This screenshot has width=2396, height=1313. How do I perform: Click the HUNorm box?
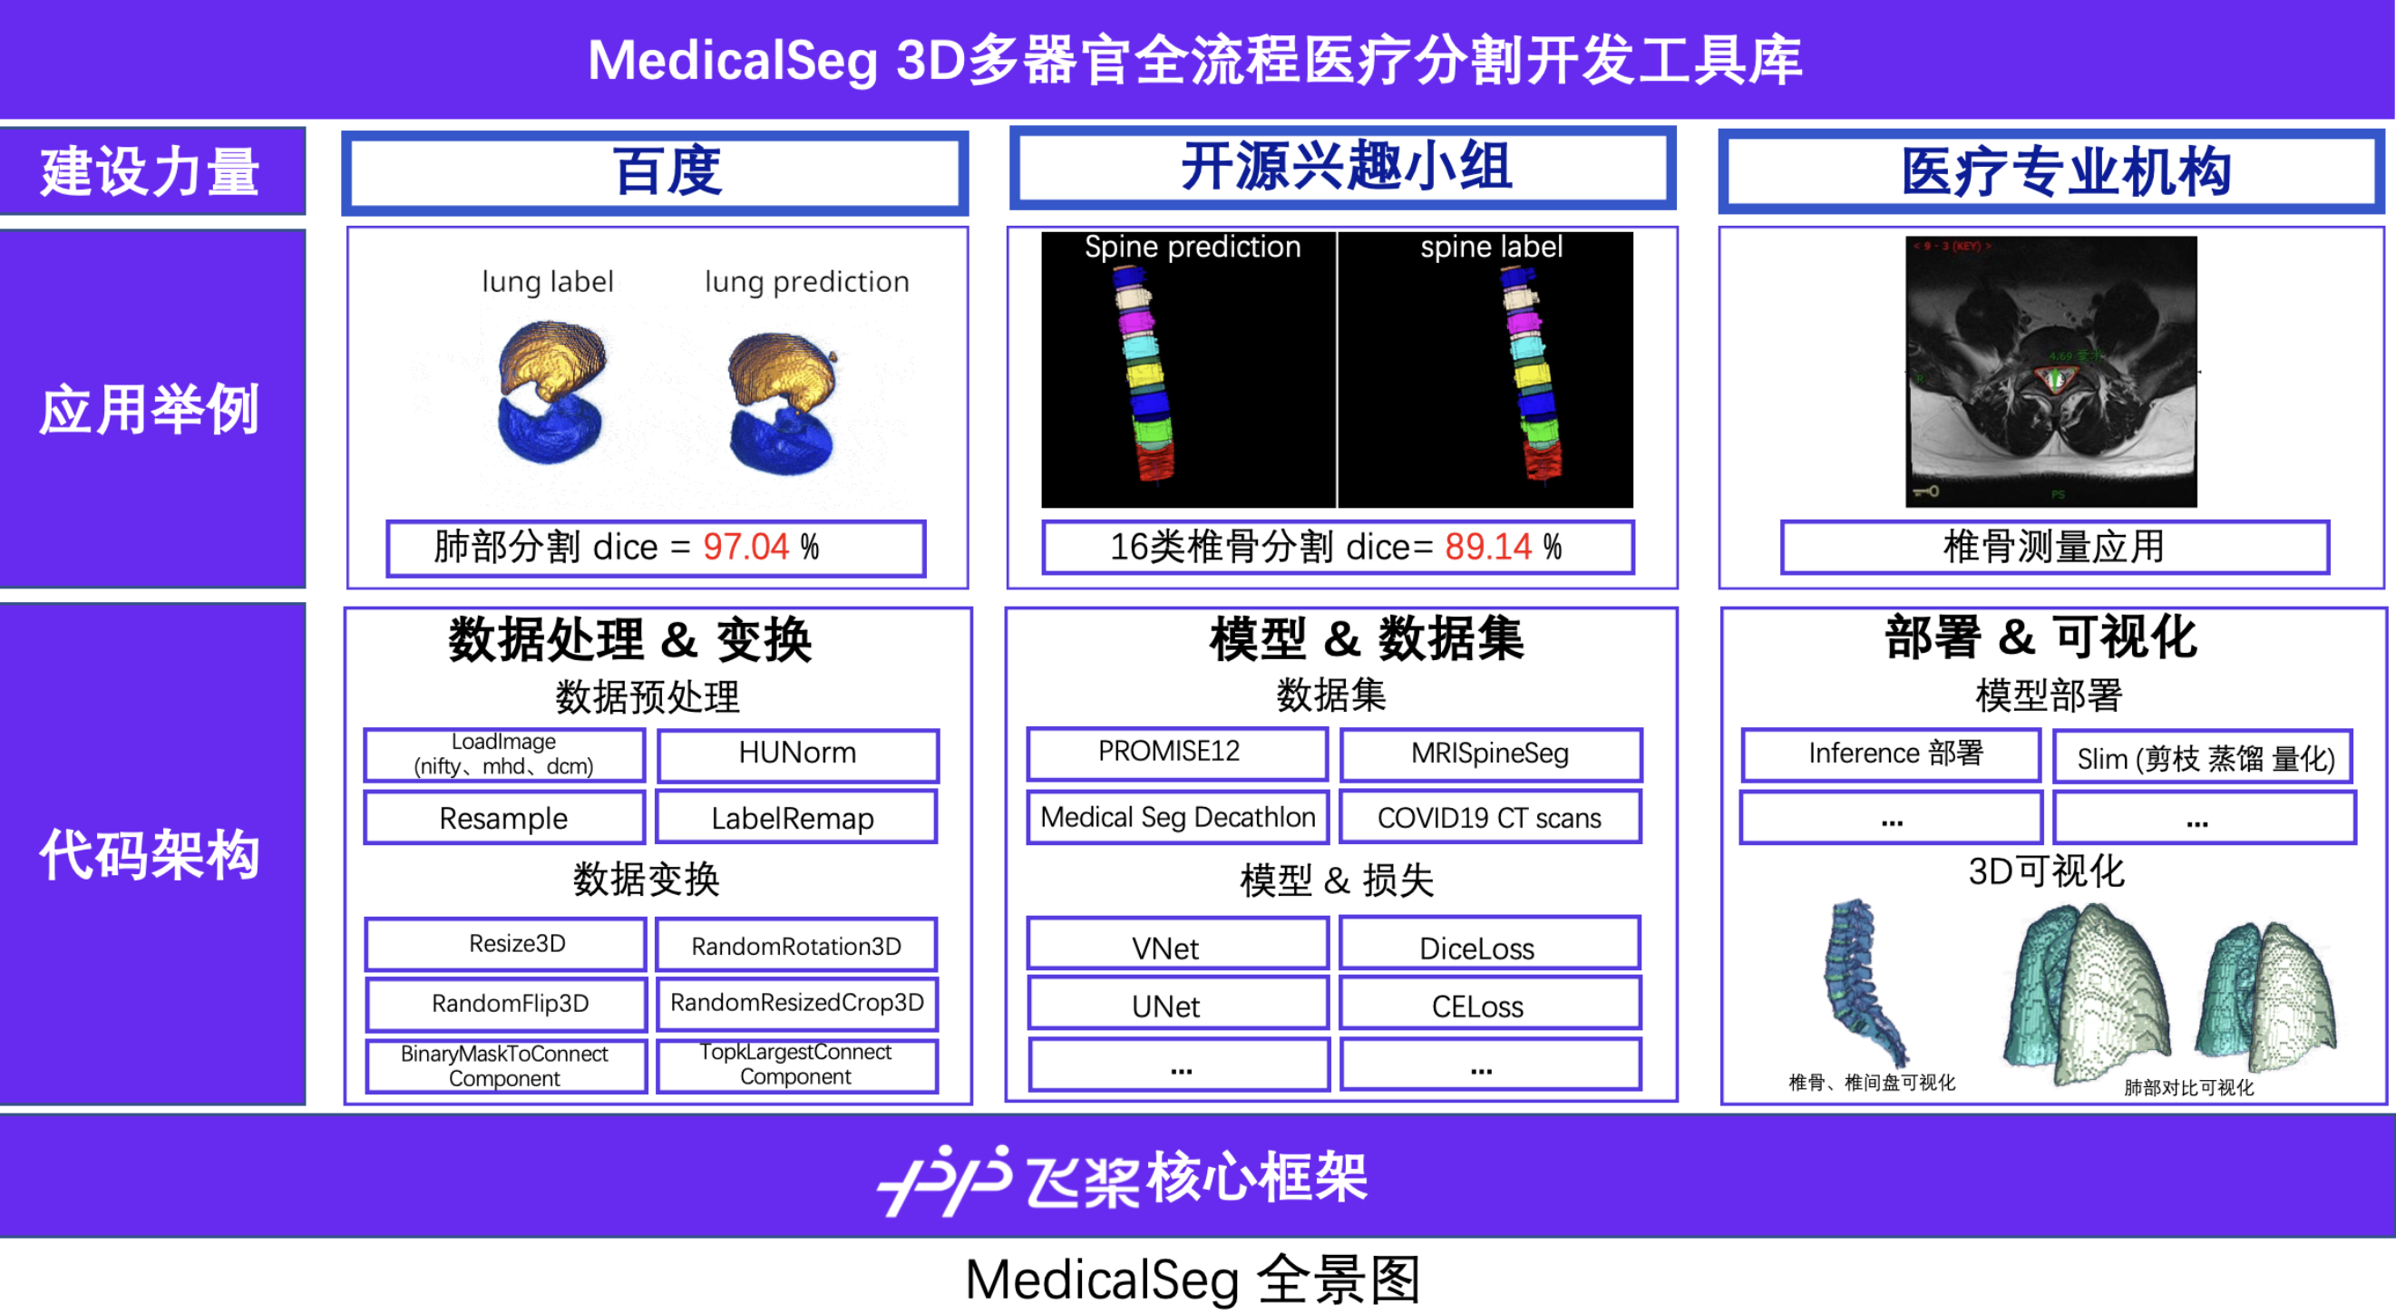click(x=797, y=754)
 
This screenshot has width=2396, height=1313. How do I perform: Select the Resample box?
click(x=503, y=818)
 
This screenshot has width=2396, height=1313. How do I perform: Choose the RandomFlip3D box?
click(x=509, y=1004)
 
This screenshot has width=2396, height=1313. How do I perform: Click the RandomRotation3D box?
click(x=795, y=946)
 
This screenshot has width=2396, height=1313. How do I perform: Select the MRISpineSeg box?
click(x=1489, y=754)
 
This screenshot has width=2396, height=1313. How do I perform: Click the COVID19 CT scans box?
click(x=1489, y=818)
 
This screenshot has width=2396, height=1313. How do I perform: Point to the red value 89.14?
click(x=1487, y=547)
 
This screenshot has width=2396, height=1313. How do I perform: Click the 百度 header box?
click(x=656, y=172)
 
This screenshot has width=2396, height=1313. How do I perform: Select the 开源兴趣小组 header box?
click(x=1342, y=169)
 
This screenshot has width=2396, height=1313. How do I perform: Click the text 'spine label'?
click(x=1491, y=248)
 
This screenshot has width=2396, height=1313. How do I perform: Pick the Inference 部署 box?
click(x=1891, y=754)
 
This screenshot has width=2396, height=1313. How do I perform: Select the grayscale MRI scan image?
click(x=2050, y=371)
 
